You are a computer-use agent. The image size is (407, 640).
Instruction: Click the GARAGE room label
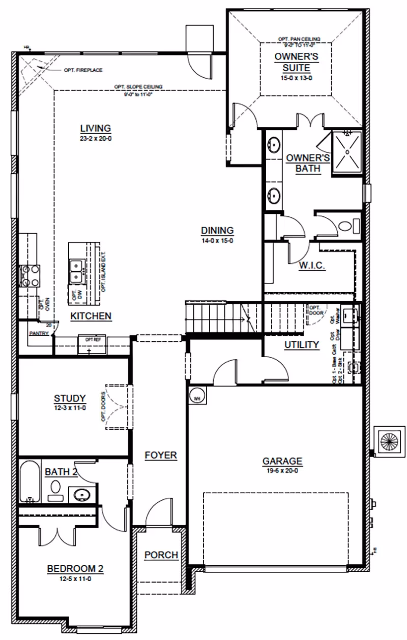click(282, 461)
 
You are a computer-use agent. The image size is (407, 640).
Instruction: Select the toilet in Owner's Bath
click(351, 225)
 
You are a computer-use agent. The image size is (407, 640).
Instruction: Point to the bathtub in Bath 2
click(30, 482)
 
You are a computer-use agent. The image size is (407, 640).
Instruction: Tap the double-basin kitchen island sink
click(77, 270)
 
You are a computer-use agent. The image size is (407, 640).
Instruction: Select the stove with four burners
click(30, 275)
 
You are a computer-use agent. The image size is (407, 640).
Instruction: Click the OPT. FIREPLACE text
click(82, 70)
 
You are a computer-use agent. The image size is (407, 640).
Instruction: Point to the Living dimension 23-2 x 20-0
click(96, 138)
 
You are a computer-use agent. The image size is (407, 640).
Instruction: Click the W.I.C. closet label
click(312, 266)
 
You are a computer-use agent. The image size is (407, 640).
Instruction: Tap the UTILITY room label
click(302, 345)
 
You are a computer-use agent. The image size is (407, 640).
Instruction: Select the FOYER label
click(160, 455)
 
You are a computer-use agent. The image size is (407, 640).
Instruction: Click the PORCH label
click(161, 555)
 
